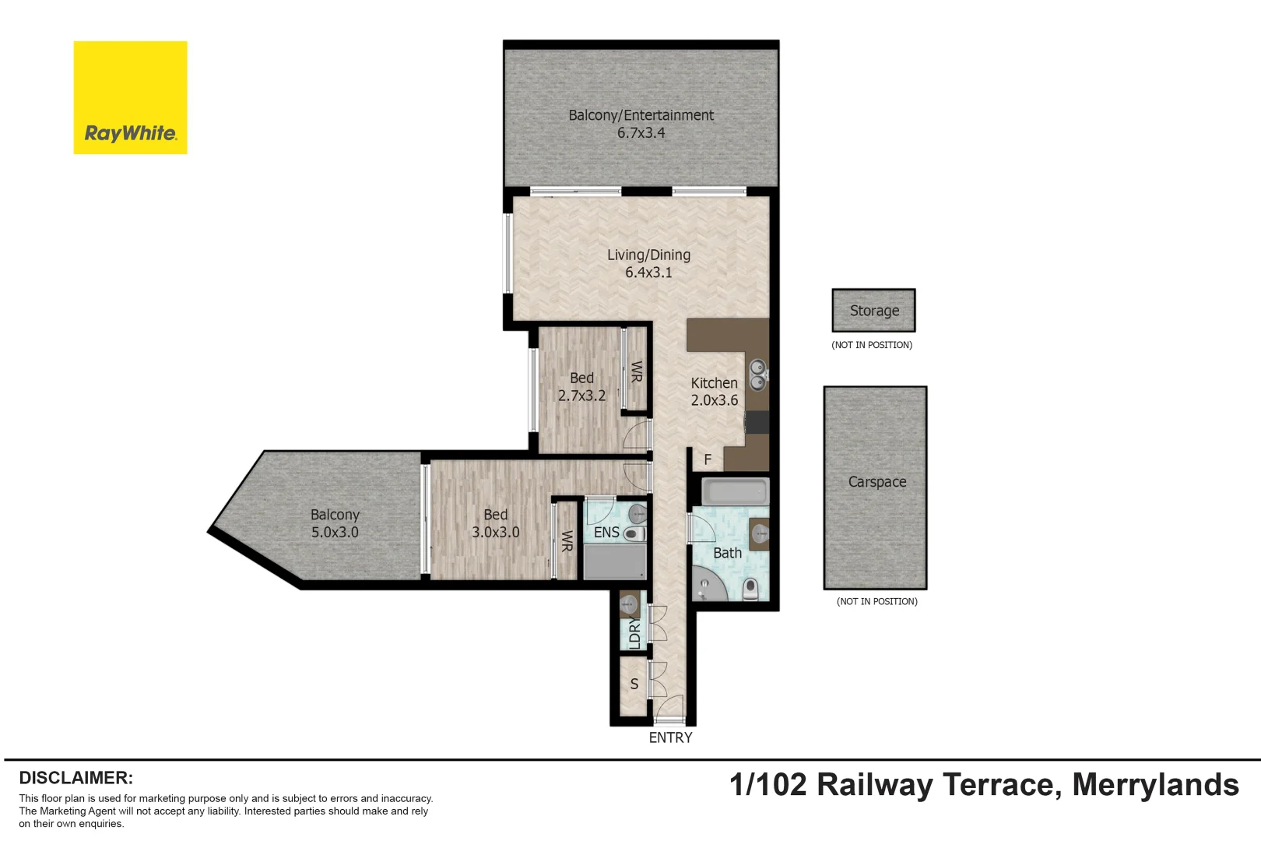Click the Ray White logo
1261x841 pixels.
click(130, 98)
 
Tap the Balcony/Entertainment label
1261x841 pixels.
click(641, 115)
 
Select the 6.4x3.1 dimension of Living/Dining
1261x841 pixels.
click(648, 273)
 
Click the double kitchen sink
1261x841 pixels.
click(757, 375)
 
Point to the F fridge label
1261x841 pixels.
click(708, 459)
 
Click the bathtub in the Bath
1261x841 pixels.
click(735, 492)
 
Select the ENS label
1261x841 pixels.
click(606, 533)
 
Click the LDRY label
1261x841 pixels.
click(634, 633)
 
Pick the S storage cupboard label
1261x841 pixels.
click(634, 684)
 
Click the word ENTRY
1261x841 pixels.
click(670, 737)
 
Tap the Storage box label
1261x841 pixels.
click(874, 311)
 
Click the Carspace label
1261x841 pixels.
click(876, 482)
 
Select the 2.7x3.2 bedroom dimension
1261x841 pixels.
click(581, 396)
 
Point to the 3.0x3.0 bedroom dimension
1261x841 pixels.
click(495, 533)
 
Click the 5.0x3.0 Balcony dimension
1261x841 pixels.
click(335, 533)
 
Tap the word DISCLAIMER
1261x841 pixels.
click(76, 778)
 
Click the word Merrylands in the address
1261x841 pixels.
click(1155, 785)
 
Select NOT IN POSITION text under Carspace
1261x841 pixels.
click(876, 601)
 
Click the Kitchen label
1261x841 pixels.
click(714, 383)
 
